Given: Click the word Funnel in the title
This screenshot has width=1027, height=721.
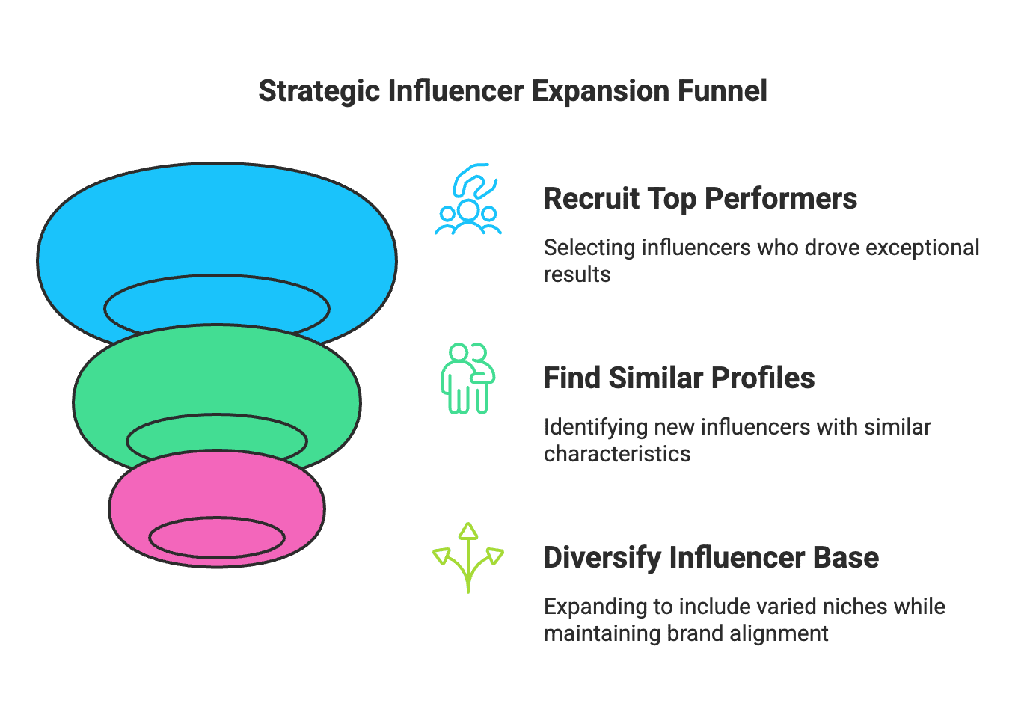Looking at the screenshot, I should click(x=722, y=91).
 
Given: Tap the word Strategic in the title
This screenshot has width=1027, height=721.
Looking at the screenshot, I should click(x=319, y=91).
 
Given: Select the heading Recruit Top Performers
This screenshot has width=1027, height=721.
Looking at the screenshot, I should click(x=699, y=199).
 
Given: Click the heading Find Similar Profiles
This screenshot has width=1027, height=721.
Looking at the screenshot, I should click(x=678, y=378).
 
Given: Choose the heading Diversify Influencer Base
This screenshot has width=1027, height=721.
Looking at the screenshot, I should click(x=711, y=558).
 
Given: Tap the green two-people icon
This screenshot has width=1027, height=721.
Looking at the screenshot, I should click(x=468, y=378).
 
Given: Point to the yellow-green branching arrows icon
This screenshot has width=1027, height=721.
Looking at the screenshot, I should click(x=468, y=558).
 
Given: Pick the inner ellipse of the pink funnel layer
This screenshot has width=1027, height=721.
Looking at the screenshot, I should click(x=216, y=537).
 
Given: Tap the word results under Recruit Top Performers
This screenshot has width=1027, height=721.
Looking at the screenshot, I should click(x=577, y=274).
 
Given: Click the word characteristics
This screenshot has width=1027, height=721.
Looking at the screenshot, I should click(x=617, y=454).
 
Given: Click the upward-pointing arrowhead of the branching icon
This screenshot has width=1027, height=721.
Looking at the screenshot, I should click(x=468, y=531).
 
